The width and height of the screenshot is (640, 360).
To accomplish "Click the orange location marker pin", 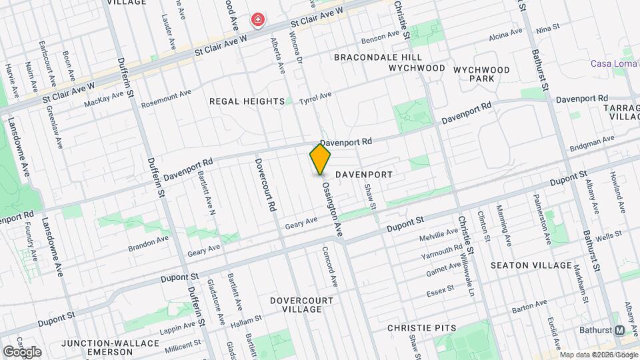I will (x=320, y=160).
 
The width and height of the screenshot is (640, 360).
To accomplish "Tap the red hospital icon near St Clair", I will (x=257, y=21).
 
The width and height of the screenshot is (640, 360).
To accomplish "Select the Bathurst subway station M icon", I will (x=619, y=330).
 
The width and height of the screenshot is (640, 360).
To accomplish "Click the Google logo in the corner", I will (x=21, y=351).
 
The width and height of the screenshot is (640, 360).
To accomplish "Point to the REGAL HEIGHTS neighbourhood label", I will (x=247, y=101).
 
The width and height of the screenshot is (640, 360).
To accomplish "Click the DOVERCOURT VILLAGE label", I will (x=301, y=305).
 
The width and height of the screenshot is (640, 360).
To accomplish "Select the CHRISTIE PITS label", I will (x=422, y=328).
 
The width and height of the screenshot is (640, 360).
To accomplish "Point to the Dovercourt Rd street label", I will (x=263, y=185).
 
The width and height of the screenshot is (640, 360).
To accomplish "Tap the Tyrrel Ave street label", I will (x=315, y=98).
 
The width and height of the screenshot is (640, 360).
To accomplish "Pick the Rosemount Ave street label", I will (x=167, y=97).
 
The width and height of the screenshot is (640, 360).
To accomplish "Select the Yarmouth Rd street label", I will (x=441, y=252).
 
